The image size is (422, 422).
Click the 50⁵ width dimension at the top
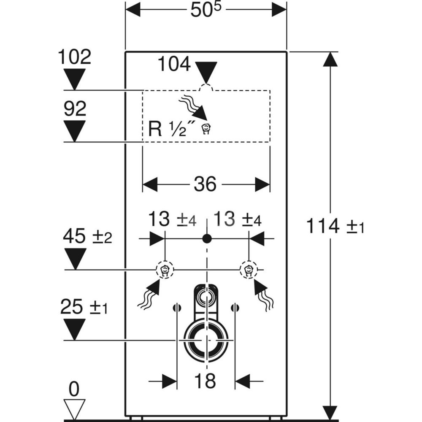[x=206, y=10]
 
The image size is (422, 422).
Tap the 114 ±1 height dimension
[x=335, y=227]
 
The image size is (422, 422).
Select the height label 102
[x=74, y=57]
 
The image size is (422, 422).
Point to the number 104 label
[x=174, y=65]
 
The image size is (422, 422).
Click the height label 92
[x=75, y=109]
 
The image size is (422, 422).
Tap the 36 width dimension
[x=206, y=184]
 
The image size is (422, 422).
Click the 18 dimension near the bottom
[x=206, y=381]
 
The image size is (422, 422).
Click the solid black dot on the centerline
[x=206, y=239]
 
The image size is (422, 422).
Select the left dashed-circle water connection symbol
[x=165, y=270]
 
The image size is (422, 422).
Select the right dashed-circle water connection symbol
[x=248, y=270]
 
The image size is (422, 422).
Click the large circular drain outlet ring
[x=206, y=340]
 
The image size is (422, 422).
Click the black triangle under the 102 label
[x=74, y=79]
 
